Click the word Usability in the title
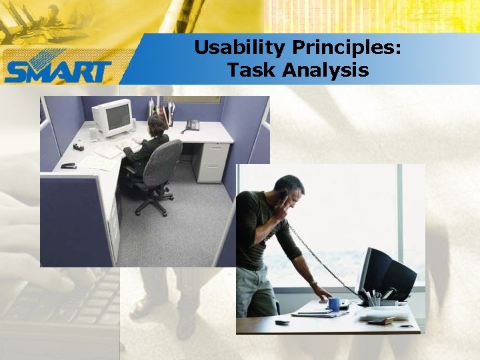(x=239, y=48)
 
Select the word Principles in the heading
(x=346, y=48)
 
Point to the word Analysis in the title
(x=325, y=71)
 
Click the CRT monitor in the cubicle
(x=113, y=117)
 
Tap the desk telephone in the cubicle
(x=191, y=125)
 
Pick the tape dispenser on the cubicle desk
(x=79, y=147)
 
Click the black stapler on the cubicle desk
(x=69, y=165)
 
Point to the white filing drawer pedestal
(x=211, y=162)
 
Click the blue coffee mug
(x=334, y=304)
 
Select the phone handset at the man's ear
(x=285, y=196)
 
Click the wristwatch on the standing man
(x=313, y=284)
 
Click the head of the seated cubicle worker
(x=157, y=125)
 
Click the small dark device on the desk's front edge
(x=282, y=323)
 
